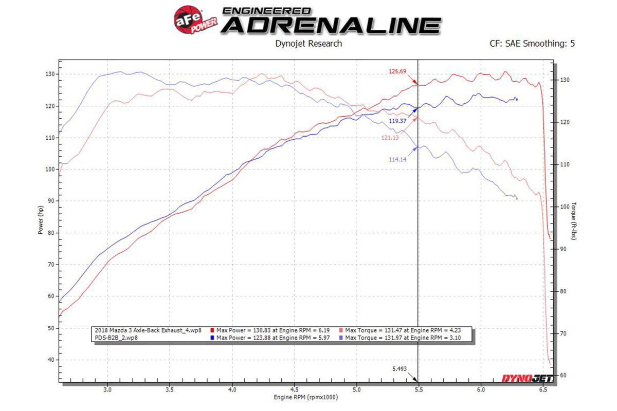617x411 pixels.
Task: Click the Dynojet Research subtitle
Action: point(308,44)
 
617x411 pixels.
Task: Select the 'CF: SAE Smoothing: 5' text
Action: point(532,44)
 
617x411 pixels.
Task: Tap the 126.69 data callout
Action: point(397,71)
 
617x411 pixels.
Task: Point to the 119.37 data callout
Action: point(398,120)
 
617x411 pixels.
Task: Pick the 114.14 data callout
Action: point(398,159)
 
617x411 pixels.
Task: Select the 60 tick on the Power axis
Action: point(50,296)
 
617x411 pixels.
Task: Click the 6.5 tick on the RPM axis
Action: point(543,389)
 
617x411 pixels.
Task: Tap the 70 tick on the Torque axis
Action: point(562,333)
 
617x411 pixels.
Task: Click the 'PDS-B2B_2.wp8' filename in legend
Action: point(116,338)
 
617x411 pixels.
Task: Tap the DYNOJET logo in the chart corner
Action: point(524,379)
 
